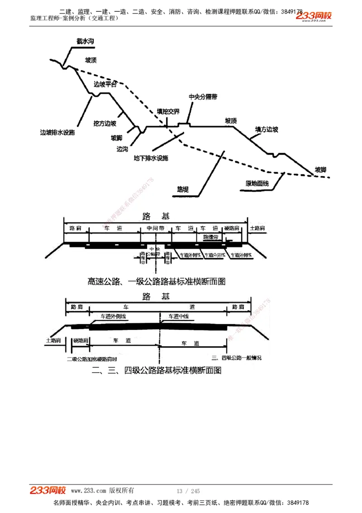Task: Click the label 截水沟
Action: click(x=85, y=41)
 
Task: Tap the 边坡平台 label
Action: click(x=105, y=84)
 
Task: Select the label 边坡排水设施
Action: click(x=57, y=133)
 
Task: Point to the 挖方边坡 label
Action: click(x=105, y=123)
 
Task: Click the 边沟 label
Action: click(x=122, y=149)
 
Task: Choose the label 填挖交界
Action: click(x=168, y=111)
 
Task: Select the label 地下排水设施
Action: click(x=151, y=158)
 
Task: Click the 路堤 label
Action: click(x=183, y=189)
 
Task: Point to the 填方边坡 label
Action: click(x=267, y=130)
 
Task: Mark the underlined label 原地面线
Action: click(x=257, y=184)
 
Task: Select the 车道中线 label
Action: click(x=178, y=316)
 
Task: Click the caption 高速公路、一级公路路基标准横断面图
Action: click(x=156, y=281)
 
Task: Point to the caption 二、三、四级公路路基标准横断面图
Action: click(x=157, y=370)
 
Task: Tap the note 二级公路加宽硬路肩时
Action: click(x=92, y=358)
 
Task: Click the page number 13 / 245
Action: click(x=188, y=491)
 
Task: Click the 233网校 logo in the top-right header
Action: click(x=314, y=16)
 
